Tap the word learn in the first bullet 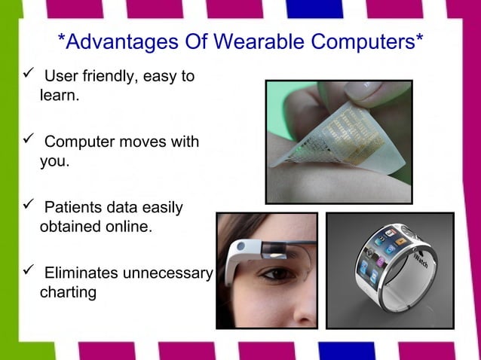57,96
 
